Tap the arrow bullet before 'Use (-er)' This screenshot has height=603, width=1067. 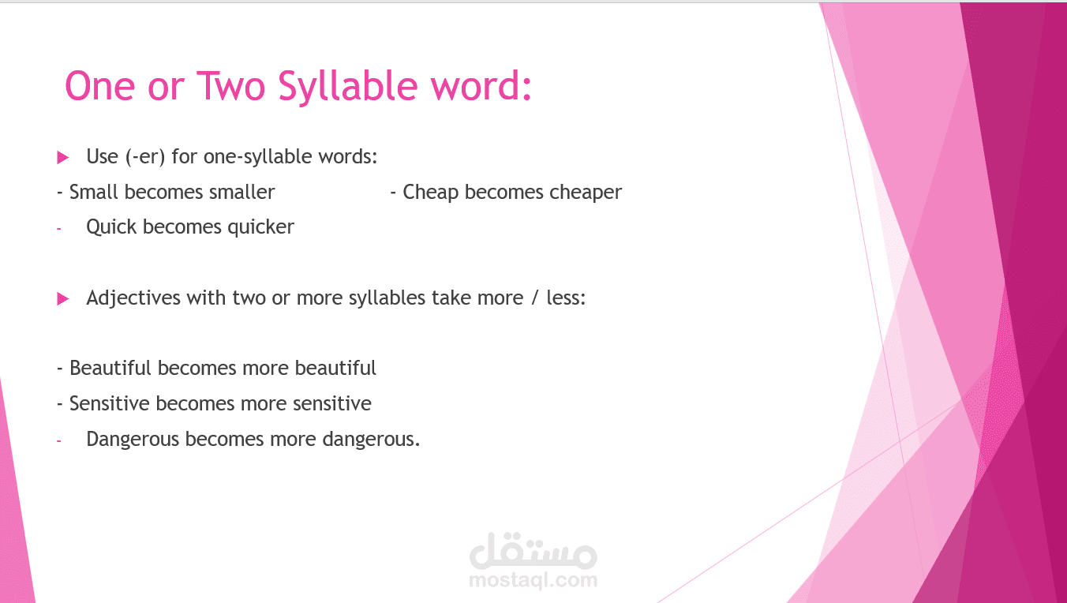(x=63, y=158)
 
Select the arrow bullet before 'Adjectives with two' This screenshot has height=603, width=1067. (x=63, y=299)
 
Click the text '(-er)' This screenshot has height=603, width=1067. (x=145, y=157)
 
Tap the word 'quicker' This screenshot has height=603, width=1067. (x=261, y=227)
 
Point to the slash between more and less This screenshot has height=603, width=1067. (x=535, y=298)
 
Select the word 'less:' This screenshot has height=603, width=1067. (x=566, y=298)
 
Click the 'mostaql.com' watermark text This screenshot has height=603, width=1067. (x=533, y=581)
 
